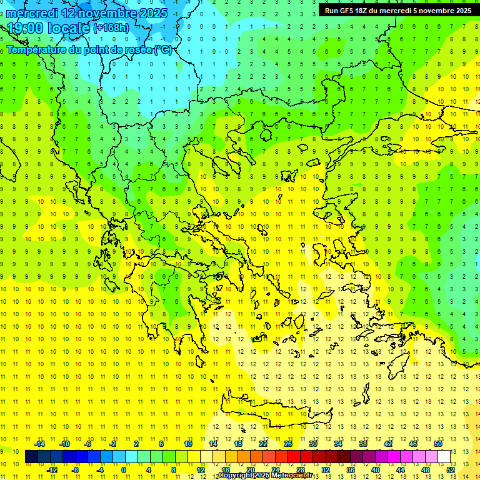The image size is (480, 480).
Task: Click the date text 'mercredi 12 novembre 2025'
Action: click(87, 13)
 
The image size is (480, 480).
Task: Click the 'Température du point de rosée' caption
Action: click(89, 49)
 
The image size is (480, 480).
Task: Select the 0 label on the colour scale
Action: click(124, 470)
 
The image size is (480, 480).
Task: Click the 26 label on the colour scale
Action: click(288, 444)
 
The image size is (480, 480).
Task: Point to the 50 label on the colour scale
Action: click(438, 444)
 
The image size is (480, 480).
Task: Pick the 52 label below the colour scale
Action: click(451, 470)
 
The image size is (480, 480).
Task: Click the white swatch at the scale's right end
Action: click(444, 457)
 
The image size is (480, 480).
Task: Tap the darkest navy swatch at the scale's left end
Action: click(31, 457)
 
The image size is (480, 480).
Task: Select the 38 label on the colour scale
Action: click(363, 444)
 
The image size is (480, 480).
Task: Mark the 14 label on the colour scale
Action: click(213, 444)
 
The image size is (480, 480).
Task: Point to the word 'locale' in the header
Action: click(69, 28)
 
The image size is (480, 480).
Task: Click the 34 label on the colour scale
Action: click(338, 444)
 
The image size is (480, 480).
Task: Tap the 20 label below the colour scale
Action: click(251, 470)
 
